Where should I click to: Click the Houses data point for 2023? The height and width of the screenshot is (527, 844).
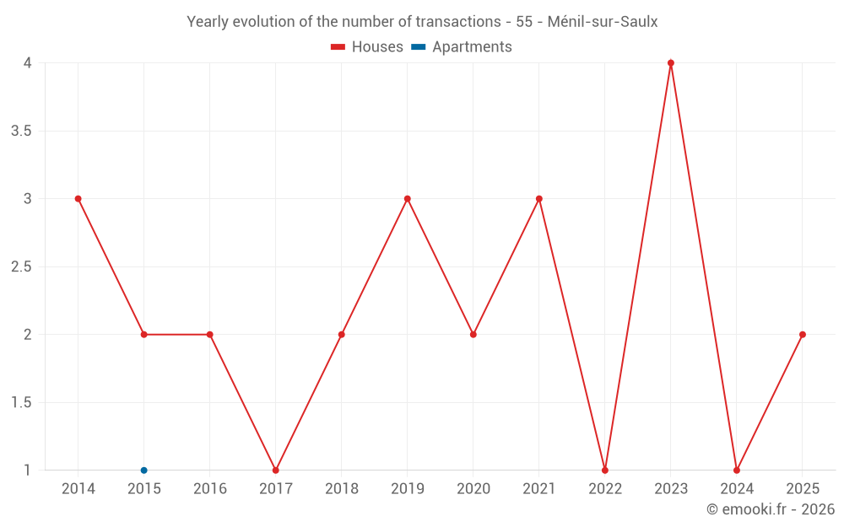click(x=671, y=63)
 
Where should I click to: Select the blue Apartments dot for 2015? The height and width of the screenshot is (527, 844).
click(x=143, y=471)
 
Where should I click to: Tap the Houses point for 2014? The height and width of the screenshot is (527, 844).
click(x=78, y=199)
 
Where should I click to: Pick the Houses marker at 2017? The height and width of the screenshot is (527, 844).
click(x=275, y=471)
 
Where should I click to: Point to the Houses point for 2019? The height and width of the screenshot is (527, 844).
click(x=407, y=199)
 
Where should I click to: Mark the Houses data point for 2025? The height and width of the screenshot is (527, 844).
click(x=803, y=335)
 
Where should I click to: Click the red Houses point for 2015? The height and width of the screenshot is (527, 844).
click(x=143, y=335)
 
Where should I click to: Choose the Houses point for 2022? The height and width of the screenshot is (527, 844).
click(x=605, y=471)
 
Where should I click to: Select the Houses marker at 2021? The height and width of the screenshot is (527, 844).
click(x=538, y=199)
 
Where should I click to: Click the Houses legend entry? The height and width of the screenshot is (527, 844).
click(x=367, y=47)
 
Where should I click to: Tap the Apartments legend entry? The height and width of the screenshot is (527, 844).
click(x=462, y=47)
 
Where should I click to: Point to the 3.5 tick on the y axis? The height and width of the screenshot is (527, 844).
click(x=21, y=131)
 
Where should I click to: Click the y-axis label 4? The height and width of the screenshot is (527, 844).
click(x=27, y=63)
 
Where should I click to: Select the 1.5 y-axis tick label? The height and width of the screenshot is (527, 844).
click(x=21, y=402)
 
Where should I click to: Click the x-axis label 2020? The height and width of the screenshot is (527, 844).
click(x=473, y=489)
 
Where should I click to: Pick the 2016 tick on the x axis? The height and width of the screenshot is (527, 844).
click(x=209, y=489)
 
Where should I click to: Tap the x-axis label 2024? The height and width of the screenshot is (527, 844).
click(x=737, y=489)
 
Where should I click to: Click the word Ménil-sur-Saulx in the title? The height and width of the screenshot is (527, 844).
click(x=603, y=22)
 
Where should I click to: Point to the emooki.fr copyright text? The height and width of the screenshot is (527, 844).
click(x=771, y=509)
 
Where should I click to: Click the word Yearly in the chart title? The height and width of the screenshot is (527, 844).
click(x=208, y=22)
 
